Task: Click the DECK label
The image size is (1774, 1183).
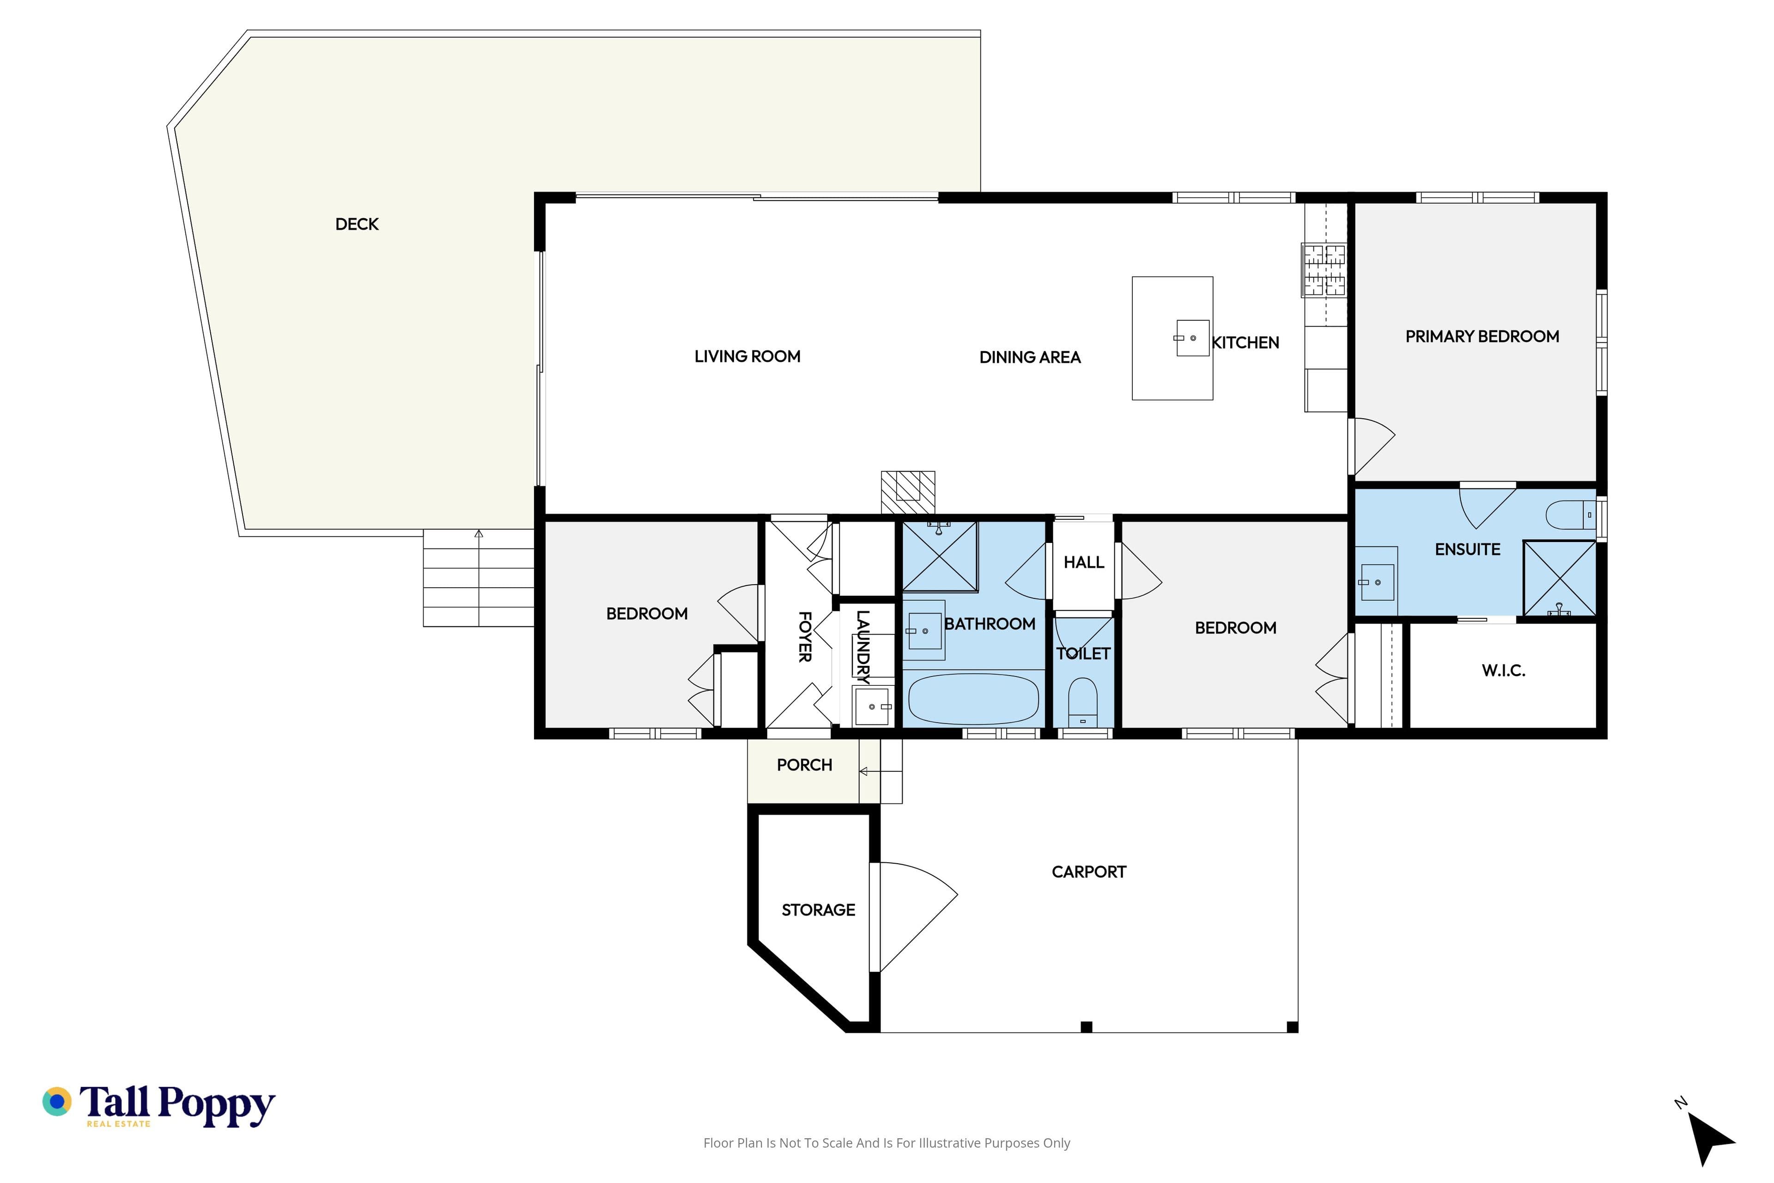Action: (357, 224)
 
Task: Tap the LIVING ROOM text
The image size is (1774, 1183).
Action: (747, 356)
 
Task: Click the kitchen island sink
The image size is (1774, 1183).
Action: (1192, 338)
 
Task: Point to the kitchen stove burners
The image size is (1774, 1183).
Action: (1324, 270)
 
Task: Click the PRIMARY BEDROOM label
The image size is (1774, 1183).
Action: (1482, 336)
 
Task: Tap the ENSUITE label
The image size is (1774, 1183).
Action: (1467, 549)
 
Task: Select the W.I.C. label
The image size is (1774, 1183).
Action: (1503, 670)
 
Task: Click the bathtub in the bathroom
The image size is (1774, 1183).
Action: (973, 699)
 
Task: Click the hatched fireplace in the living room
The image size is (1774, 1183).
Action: (908, 493)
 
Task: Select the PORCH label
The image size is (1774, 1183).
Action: (804, 765)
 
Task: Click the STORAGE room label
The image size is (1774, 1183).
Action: (818, 910)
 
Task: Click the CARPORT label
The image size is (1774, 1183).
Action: (1088, 872)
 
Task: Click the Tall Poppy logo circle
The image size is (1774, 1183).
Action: (56, 1102)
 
